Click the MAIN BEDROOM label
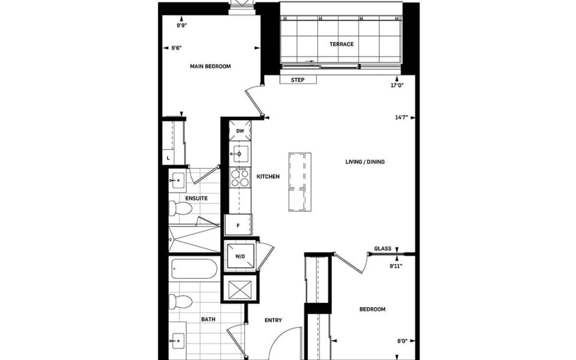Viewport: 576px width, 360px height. click(210, 67)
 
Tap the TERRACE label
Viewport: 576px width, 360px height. click(342, 44)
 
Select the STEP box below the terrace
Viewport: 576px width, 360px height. click(298, 79)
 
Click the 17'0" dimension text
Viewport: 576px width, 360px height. click(397, 85)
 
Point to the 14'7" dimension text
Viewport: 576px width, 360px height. click(402, 117)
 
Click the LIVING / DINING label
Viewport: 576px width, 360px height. click(365, 162)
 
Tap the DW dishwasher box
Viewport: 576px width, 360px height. click(240, 131)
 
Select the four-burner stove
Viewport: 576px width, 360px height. click(239, 177)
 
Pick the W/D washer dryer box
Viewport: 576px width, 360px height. click(240, 257)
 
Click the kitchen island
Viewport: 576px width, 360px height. click(300, 182)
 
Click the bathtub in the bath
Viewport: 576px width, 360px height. click(194, 269)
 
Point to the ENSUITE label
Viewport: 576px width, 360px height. click(196, 198)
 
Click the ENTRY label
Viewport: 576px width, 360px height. click(273, 321)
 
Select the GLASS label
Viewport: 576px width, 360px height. click(383, 249)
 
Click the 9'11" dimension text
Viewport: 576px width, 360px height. click(396, 266)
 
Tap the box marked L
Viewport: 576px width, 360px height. click(168, 158)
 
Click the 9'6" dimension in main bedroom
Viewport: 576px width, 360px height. click(177, 48)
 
